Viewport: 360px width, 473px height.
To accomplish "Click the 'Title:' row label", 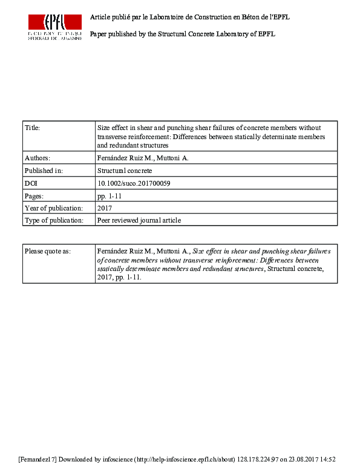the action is pyautogui.click(x=31, y=128).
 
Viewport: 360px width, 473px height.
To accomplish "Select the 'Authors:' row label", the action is pyautogui.click(x=38, y=158).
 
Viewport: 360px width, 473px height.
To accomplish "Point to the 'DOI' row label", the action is pyautogui.click(x=31, y=183).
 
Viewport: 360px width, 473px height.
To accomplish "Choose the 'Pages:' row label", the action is pyautogui.click(x=34, y=196).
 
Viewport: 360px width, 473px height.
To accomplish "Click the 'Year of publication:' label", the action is pyautogui.click(x=53, y=208).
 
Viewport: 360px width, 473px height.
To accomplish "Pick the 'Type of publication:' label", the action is pyautogui.click(x=53, y=221).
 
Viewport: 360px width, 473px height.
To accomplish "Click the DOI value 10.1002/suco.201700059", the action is pyautogui.click(x=129, y=183).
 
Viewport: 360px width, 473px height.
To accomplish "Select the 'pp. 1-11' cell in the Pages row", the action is pyautogui.click(x=110, y=196).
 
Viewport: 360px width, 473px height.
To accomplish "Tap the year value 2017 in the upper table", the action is pyautogui.click(x=105, y=208).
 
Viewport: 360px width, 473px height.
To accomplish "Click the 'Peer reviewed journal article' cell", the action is pyautogui.click(x=139, y=221).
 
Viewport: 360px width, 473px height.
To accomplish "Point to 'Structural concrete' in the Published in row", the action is pyautogui.click(x=125, y=171).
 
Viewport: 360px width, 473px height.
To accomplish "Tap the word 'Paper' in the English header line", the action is pyautogui.click(x=98, y=34).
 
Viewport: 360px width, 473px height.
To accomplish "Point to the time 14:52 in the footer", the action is pyautogui.click(x=327, y=460).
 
